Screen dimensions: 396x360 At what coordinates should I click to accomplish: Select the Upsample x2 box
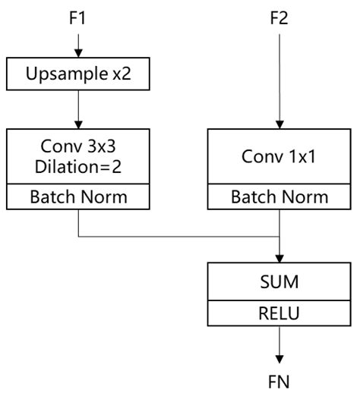(77, 74)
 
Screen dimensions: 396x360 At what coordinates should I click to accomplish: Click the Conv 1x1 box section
(282, 158)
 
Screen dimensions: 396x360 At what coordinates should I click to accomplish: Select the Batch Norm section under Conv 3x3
(78, 197)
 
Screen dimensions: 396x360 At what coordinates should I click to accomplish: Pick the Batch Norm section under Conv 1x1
(282, 197)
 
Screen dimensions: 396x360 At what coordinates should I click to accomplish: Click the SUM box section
(282, 283)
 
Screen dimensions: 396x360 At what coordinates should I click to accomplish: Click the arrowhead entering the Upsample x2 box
(77, 55)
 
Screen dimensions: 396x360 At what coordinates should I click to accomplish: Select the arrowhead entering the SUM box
(282, 258)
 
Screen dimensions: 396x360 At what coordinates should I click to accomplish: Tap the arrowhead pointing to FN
(282, 358)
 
